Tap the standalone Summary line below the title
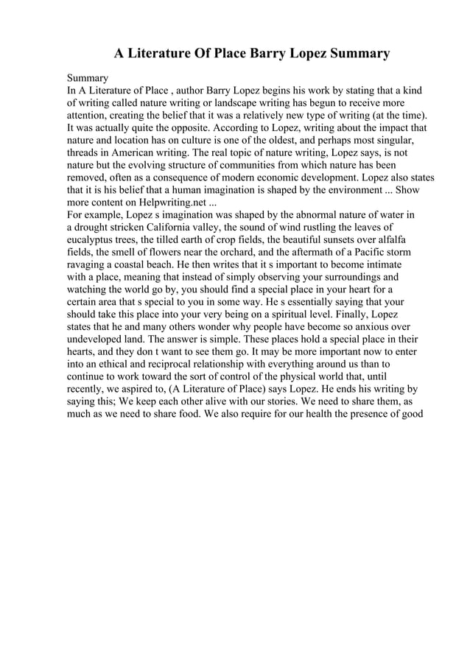pos(88,77)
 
